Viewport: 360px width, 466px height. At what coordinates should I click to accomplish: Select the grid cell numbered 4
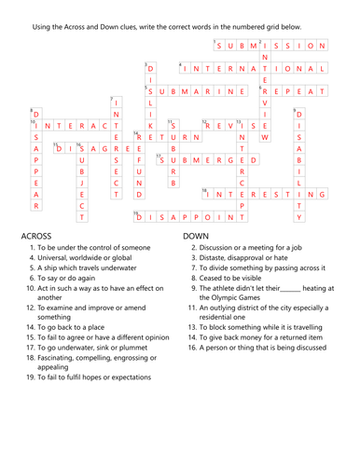(x=185, y=68)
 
